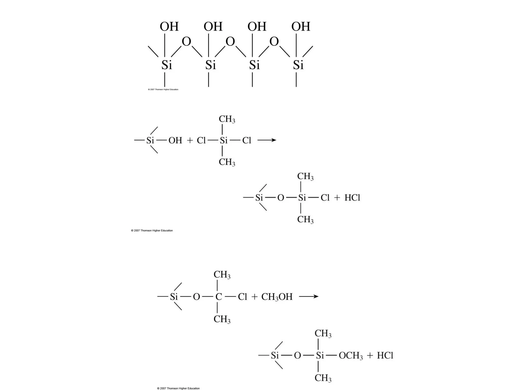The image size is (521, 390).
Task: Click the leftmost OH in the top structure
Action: pyautogui.click(x=169, y=27)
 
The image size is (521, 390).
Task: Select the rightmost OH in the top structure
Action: pyautogui.click(x=301, y=27)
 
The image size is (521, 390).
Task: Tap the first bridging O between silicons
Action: pyautogui.click(x=186, y=41)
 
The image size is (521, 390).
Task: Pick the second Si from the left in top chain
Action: pyautogui.click(x=211, y=65)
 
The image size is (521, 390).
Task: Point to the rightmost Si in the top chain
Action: pyautogui.click(x=298, y=65)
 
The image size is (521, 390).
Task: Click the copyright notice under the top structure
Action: pyautogui.click(x=163, y=90)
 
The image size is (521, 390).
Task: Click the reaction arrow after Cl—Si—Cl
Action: pyautogui.click(x=267, y=140)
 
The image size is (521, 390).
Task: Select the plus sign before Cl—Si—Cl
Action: pyautogui.click(x=190, y=140)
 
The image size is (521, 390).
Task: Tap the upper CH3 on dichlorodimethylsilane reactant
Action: pyautogui.click(x=227, y=119)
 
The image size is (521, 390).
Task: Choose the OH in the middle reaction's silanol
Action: pyautogui.click(x=175, y=140)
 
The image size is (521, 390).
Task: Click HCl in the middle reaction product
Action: pyautogui.click(x=352, y=198)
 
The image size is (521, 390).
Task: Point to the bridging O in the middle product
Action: pyautogui.click(x=281, y=198)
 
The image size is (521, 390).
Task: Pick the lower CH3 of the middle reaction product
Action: pyautogui.click(x=305, y=219)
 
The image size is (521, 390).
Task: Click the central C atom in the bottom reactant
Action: pyautogui.click(x=219, y=297)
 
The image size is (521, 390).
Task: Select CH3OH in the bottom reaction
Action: pyautogui.click(x=277, y=297)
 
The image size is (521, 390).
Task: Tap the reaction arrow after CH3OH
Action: pyautogui.click(x=309, y=296)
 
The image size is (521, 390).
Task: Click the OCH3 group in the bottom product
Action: pyautogui.click(x=351, y=355)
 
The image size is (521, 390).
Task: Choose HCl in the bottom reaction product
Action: pyautogui.click(x=385, y=355)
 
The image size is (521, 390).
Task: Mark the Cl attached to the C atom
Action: pyautogui.click(x=242, y=297)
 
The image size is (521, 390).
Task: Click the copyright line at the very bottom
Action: pyautogui.click(x=178, y=388)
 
